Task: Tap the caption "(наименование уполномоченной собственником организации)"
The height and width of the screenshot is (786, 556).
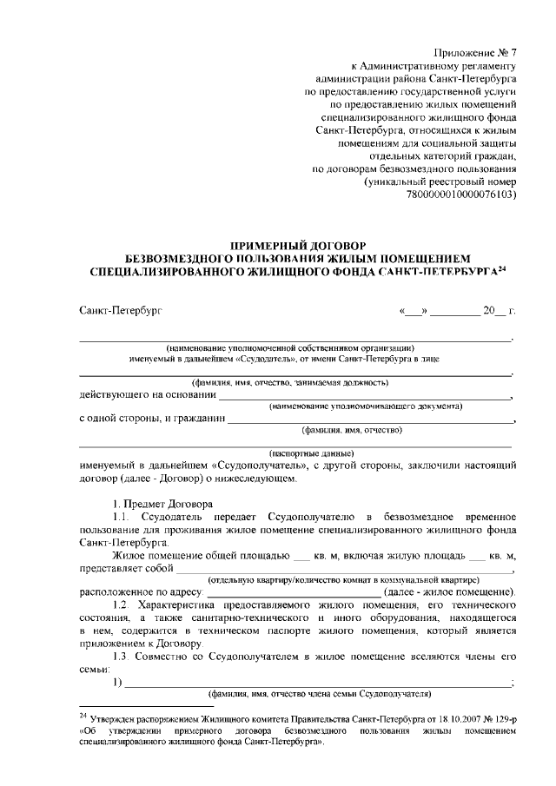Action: click(x=296, y=347)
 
